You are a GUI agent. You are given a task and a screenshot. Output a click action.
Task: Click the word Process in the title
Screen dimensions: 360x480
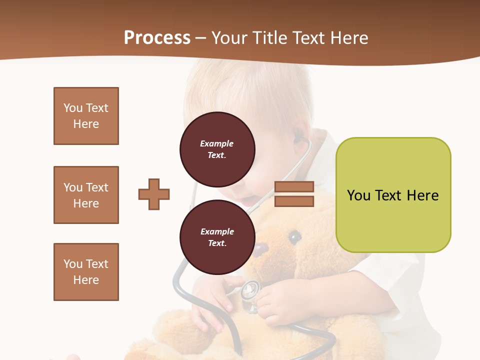click(x=157, y=37)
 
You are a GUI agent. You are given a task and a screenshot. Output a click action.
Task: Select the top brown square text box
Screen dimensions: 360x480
click(x=86, y=116)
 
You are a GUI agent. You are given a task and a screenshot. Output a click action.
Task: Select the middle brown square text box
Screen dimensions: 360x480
click(x=86, y=195)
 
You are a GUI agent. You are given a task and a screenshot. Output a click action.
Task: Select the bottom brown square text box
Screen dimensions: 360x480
click(x=86, y=272)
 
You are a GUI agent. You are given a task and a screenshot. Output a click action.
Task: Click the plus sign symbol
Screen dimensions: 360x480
click(x=154, y=194)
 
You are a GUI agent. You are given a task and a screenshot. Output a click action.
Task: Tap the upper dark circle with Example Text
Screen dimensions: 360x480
click(x=217, y=149)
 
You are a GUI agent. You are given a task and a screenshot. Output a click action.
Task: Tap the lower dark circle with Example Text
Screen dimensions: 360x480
click(x=217, y=237)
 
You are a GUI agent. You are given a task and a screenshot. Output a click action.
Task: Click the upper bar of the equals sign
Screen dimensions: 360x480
click(x=294, y=187)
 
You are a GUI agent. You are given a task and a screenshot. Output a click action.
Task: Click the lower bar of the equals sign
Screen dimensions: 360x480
click(x=294, y=201)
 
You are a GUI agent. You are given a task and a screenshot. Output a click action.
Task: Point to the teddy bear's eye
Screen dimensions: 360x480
click(x=295, y=236)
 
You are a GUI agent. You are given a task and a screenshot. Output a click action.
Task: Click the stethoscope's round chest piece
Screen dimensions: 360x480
click(x=250, y=289)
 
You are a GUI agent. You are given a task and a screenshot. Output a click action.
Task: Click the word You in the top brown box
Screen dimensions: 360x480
click(x=73, y=108)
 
